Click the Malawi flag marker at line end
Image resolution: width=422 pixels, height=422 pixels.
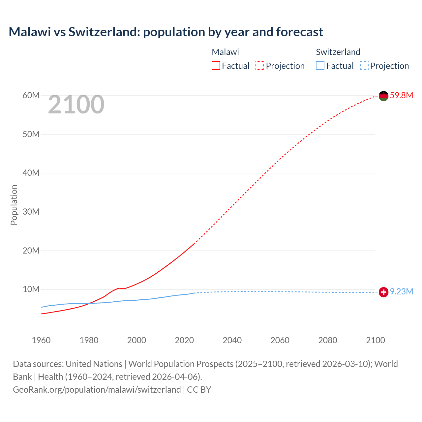tap(383, 96)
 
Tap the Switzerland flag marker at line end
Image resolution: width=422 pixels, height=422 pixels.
tap(383, 292)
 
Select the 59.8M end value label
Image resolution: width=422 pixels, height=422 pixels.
tap(401, 95)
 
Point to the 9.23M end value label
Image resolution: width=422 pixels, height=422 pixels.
tap(401, 291)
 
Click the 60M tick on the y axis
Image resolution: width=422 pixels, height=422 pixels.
tap(31, 95)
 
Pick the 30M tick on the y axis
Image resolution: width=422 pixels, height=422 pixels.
tap(31, 212)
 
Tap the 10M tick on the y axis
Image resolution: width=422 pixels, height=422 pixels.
tap(31, 289)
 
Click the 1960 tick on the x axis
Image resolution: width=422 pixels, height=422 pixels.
tap(41, 340)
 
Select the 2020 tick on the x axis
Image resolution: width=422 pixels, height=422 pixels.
tap(184, 340)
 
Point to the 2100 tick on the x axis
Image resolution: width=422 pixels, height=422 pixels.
tap(375, 340)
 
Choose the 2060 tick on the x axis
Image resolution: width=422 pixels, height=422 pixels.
tap(280, 340)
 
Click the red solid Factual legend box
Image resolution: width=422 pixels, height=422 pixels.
tap(216, 66)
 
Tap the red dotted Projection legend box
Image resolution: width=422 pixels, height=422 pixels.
tap(260, 66)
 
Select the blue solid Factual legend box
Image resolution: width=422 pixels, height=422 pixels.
tap(320, 66)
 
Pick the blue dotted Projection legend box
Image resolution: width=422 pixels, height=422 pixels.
tap(364, 66)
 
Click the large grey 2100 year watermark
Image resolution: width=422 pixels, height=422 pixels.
tap(76, 105)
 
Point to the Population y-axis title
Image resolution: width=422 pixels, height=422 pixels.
tap(14, 205)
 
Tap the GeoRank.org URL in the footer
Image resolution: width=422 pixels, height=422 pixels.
tap(97, 389)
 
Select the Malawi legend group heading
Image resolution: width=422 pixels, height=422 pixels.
tap(225, 52)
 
